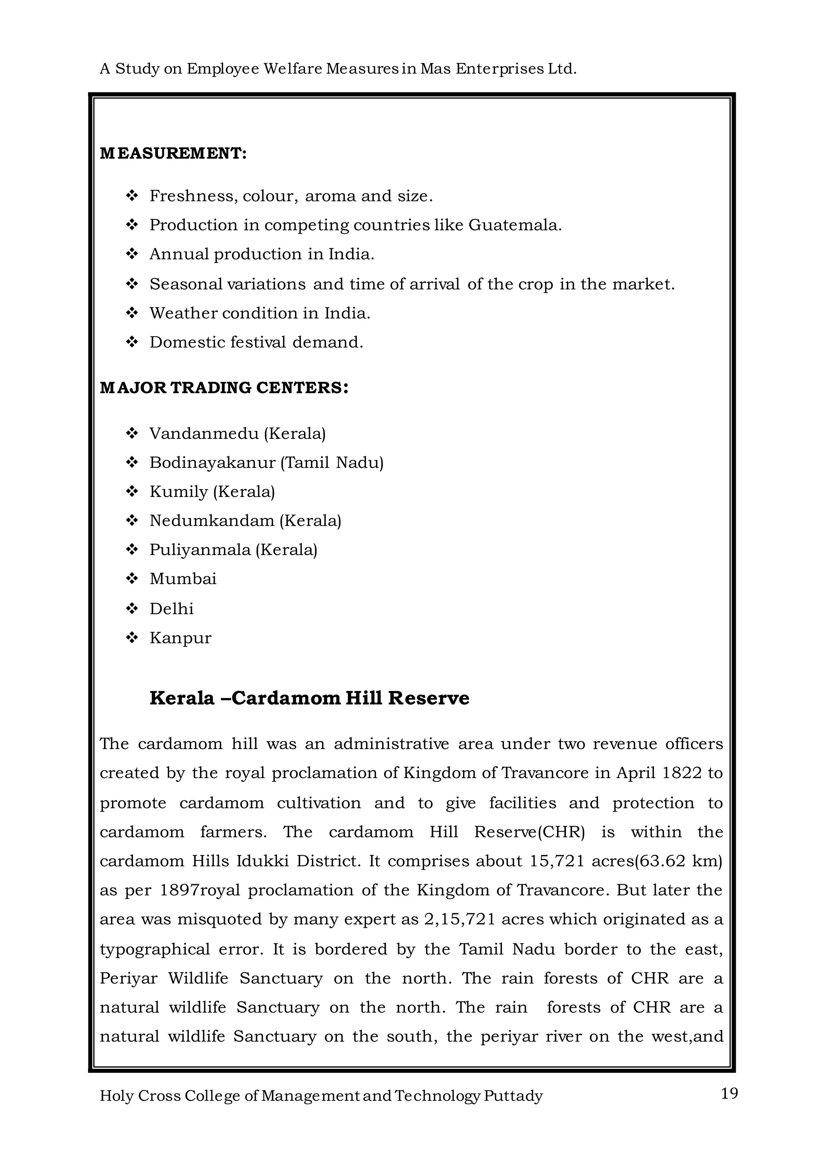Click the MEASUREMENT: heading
tap(173, 153)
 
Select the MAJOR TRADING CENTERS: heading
tap(224, 388)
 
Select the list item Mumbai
tap(183, 579)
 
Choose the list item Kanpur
tap(180, 638)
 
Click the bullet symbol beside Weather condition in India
tap(132, 313)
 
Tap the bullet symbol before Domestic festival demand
tap(132, 343)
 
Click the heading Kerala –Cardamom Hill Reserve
tap(309, 699)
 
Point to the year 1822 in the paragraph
tap(682, 773)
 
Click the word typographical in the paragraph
tap(155, 949)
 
